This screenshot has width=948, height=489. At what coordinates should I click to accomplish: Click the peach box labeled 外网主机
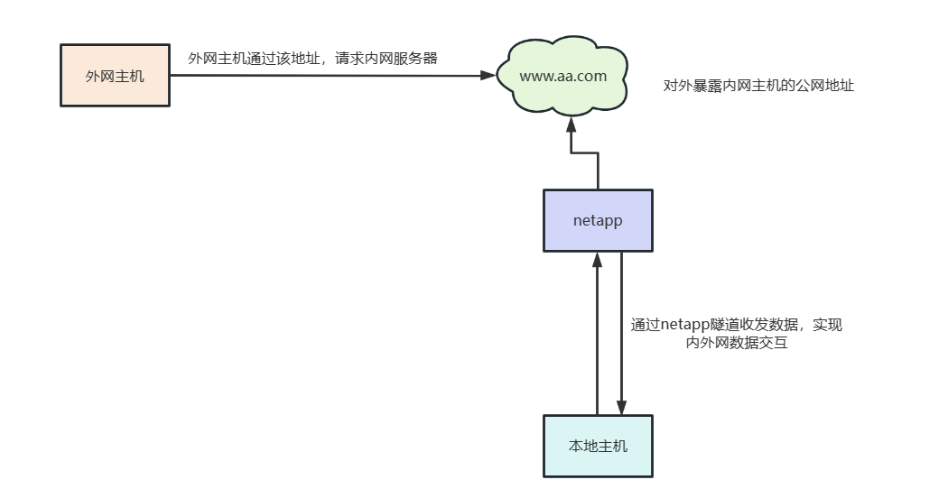point(115,75)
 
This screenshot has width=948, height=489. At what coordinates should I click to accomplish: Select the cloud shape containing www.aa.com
point(562,77)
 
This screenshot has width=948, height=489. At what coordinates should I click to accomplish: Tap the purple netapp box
point(597,220)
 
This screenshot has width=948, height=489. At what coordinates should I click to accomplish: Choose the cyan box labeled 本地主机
point(597,446)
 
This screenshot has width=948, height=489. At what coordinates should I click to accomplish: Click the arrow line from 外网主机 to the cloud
point(325,75)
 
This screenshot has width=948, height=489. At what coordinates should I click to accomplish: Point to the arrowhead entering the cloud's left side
point(488,75)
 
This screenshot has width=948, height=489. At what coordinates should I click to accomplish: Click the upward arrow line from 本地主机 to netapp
point(597,343)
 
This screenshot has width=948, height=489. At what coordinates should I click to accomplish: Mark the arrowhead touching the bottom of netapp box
point(597,260)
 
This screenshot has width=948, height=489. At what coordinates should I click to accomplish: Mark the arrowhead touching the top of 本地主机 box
point(621,407)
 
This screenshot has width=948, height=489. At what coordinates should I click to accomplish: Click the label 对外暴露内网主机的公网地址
point(758,87)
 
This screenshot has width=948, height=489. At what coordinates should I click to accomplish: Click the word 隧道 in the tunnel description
point(730,325)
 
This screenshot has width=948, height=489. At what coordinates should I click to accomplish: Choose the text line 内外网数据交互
point(736,343)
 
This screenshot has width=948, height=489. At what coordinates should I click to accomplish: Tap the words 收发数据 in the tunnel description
point(772,325)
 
